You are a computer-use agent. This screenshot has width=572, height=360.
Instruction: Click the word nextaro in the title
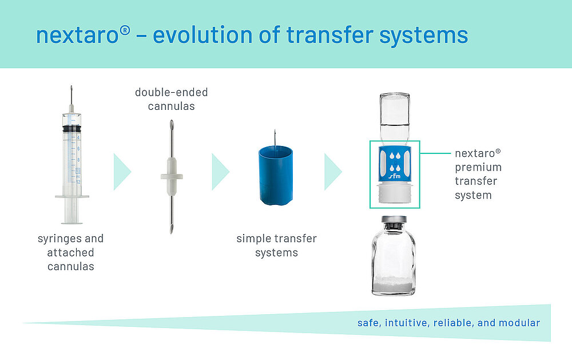point(77,35)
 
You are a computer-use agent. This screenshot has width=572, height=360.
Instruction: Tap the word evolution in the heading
point(202,35)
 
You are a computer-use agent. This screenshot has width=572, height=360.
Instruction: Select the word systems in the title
point(423,36)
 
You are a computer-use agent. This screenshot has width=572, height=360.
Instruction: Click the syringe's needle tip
point(71,86)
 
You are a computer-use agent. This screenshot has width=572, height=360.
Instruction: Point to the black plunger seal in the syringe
point(72,129)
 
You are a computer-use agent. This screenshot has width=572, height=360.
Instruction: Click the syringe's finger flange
point(72,197)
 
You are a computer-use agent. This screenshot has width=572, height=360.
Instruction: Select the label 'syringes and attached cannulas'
point(71,252)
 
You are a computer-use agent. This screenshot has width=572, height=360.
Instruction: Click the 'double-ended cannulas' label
point(172,99)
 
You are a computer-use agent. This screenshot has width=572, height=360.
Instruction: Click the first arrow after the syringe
point(122,172)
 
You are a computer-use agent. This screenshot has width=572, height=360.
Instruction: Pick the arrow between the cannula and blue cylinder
point(220,172)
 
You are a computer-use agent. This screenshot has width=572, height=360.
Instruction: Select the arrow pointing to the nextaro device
point(333,172)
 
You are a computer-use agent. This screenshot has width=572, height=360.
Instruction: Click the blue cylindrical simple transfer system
point(276,176)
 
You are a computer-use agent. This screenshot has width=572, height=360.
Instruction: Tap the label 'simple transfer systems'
point(276,246)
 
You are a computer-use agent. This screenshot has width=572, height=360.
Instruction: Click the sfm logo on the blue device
point(395,176)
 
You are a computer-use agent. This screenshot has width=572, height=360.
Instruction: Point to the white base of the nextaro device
point(395,192)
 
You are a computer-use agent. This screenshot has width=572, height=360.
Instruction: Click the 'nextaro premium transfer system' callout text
point(478,174)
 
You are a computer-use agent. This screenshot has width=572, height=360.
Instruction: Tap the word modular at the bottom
point(519,323)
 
